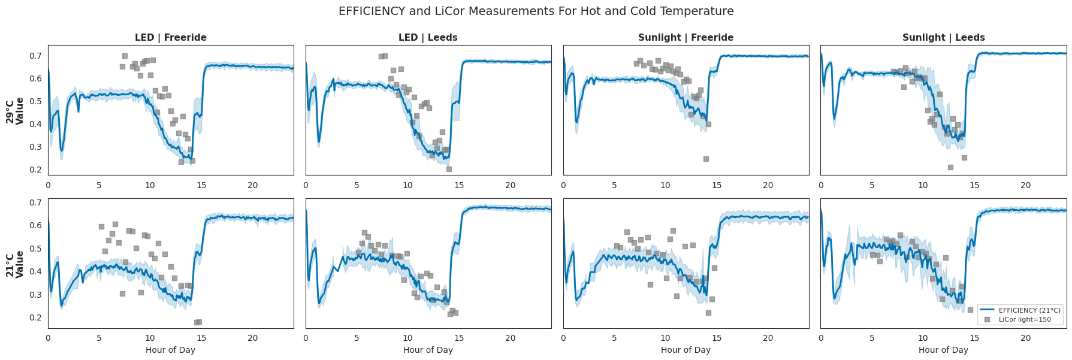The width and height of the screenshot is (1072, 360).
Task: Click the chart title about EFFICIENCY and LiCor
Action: pyautogui.click(x=536, y=11)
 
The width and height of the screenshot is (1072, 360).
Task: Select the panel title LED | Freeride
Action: pyautogui.click(x=171, y=38)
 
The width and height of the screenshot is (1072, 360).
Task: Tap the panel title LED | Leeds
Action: pyautogui.click(x=428, y=38)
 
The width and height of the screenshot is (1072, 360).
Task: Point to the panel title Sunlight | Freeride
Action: pyautogui.click(x=686, y=38)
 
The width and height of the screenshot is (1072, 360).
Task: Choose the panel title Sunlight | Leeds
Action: pyautogui.click(x=943, y=38)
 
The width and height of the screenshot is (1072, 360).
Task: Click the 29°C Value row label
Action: pyautogui.click(x=15, y=111)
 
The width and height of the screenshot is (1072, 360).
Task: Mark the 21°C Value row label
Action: pyautogui.click(x=15, y=264)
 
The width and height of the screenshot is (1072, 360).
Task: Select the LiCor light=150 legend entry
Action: pyautogui.click(x=1025, y=319)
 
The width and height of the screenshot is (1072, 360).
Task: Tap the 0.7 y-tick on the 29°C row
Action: pyautogui.click(x=36, y=56)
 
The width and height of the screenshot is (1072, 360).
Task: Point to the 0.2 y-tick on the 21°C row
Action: pyautogui.click(x=36, y=318)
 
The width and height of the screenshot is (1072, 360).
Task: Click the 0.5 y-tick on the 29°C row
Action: pyautogui.click(x=36, y=102)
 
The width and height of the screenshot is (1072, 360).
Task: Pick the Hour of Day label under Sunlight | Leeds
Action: pyautogui.click(x=943, y=350)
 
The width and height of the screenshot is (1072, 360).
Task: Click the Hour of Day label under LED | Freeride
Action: pyautogui.click(x=171, y=350)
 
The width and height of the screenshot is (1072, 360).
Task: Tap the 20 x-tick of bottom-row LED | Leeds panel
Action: pyautogui.click(x=510, y=338)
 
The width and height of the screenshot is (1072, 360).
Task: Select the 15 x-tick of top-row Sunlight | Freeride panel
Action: pyautogui.click(x=717, y=185)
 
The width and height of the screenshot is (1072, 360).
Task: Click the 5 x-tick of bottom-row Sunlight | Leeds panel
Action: pyautogui.click(x=872, y=338)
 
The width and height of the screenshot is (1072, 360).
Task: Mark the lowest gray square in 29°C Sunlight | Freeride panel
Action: pyautogui.click(x=706, y=159)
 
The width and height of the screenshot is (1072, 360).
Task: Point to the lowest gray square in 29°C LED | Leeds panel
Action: pyautogui.click(x=449, y=169)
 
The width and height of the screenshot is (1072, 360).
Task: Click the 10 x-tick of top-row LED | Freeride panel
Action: pyautogui.click(x=150, y=185)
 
